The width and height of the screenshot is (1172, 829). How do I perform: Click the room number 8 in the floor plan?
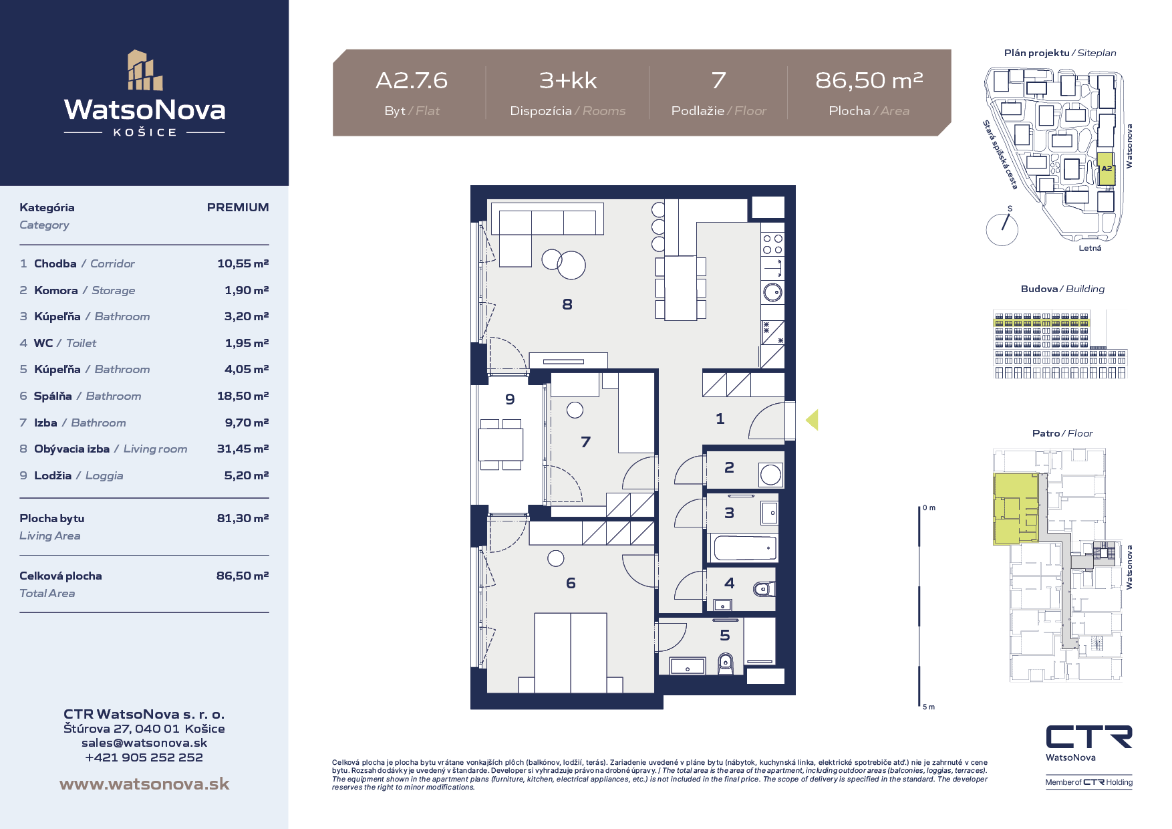point(567,304)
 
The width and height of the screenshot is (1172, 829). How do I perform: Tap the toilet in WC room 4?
point(762,589)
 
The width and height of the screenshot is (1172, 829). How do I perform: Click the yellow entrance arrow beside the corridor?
point(812,420)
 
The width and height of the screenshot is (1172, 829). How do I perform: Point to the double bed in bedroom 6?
point(571,653)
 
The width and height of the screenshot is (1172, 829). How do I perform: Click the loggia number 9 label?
point(510,399)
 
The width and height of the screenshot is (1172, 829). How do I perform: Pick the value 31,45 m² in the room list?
point(243,449)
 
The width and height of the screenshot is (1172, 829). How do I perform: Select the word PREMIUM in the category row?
point(238,207)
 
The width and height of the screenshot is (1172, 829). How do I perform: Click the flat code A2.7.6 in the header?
point(412,80)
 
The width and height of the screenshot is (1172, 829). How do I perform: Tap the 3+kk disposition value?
point(568,80)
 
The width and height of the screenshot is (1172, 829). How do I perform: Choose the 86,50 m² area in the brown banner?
point(869,80)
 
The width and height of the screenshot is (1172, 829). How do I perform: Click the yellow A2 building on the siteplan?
point(1107,169)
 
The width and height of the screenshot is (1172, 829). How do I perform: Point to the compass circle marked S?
point(1002,229)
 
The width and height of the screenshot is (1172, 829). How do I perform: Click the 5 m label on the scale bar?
point(929,707)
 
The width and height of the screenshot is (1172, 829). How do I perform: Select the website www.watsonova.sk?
point(144,784)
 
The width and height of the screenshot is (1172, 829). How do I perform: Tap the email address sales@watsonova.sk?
point(144,743)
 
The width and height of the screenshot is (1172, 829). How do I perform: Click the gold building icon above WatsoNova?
point(145,70)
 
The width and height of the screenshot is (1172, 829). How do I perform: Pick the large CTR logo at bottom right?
point(1089,737)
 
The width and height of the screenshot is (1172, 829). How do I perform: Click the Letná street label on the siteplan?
point(1090,248)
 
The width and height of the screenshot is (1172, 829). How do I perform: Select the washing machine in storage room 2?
point(770,475)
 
